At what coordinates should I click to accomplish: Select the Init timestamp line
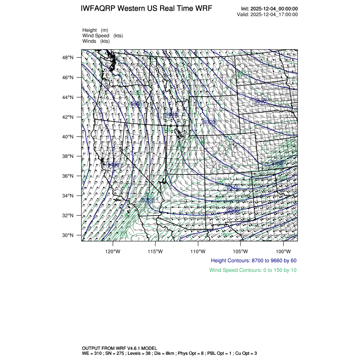pyautogui.click(x=269, y=9)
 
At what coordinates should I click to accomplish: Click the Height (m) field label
pyautogui.click(x=95, y=30)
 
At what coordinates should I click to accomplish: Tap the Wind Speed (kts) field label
pyautogui.click(x=102, y=36)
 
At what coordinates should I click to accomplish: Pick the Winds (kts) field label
pyautogui.click(x=96, y=41)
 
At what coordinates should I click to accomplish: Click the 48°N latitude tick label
pyautogui.click(x=69, y=58)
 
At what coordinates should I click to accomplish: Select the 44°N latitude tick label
pyautogui.click(x=69, y=97)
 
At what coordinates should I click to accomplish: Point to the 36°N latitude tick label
pyautogui.click(x=69, y=176)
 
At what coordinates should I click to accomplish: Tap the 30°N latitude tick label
pyautogui.click(x=69, y=235)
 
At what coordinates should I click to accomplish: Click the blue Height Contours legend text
pyautogui.click(x=253, y=260)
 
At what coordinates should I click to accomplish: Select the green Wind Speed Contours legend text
pyautogui.click(x=253, y=270)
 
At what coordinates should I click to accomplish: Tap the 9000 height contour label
pyautogui.click(x=260, y=102)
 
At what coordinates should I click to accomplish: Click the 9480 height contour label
pyautogui.click(x=114, y=165)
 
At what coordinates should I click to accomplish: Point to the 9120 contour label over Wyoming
pyautogui.click(x=210, y=122)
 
